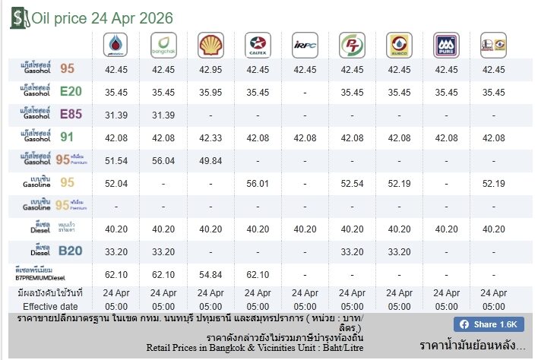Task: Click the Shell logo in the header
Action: coord(210,45)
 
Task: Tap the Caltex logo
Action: coord(258,45)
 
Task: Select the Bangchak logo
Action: coord(163,45)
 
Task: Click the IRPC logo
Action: coord(305,45)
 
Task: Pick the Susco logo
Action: coord(399,45)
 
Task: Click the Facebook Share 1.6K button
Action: coord(489,324)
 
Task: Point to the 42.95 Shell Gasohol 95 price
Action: coord(210,70)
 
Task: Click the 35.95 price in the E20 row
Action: coord(210,93)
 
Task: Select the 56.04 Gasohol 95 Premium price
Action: coord(163,161)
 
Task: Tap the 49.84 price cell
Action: coord(210,161)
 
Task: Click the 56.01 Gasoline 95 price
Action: coord(258,184)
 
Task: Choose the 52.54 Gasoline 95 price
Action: coord(352,184)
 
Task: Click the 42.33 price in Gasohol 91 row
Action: coord(210,138)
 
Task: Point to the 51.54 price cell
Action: coord(116,161)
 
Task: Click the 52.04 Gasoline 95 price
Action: coord(116,184)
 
